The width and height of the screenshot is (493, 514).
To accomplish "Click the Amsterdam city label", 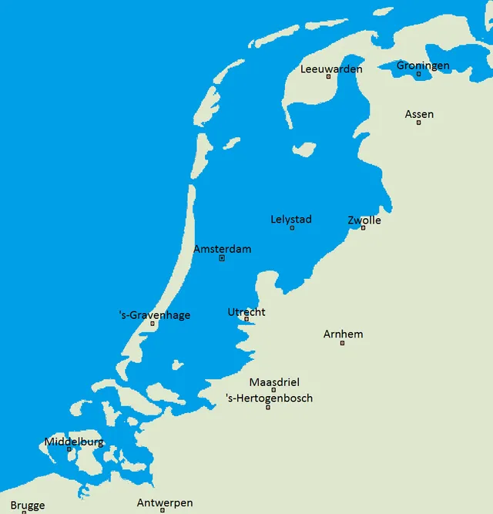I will [222, 250].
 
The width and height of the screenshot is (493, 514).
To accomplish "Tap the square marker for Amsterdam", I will [222, 258].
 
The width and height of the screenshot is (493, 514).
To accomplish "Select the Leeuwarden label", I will [331, 69].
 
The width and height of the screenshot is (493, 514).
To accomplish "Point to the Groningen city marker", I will [418, 75].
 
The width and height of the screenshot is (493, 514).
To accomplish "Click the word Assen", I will [419, 115].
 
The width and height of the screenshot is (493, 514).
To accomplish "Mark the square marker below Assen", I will [419, 123].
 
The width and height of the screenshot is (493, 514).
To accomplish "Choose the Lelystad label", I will [291, 220].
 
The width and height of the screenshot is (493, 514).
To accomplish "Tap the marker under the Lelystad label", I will [292, 228].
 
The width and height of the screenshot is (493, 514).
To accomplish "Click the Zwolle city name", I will [364, 220].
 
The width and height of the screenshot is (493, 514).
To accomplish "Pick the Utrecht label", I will [246, 312].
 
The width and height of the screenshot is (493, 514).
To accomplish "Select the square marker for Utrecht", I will [246, 319].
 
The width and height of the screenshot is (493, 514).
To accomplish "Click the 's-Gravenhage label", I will [155, 315].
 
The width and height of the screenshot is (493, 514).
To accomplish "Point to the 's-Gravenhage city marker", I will [153, 324].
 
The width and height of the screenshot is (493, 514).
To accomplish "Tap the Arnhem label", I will [343, 334].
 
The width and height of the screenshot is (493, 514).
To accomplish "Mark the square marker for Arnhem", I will [343, 343].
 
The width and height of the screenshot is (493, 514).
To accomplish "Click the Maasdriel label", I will [274, 382].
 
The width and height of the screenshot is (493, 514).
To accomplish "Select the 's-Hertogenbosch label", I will [269, 398].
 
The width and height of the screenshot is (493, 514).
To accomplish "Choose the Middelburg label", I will [74, 442].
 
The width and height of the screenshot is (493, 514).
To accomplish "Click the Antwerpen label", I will [165, 503].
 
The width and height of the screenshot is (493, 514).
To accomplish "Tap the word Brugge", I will [28, 506].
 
